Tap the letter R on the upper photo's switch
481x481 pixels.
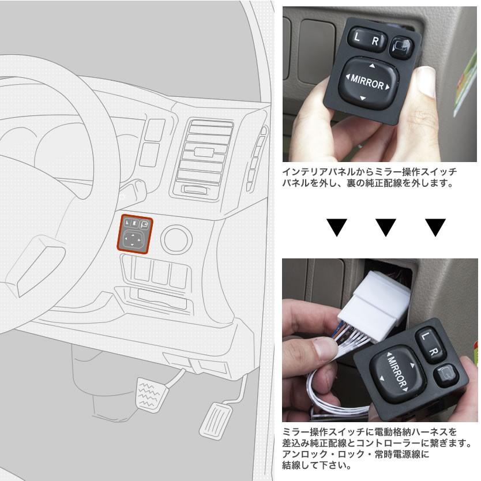(375, 41)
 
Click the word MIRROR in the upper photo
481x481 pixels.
(367, 84)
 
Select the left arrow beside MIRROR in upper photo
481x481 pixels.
(347, 77)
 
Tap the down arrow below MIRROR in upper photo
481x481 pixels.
(363, 99)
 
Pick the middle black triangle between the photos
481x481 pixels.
(386, 227)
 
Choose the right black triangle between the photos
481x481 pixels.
(435, 227)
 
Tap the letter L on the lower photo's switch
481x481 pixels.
(426, 336)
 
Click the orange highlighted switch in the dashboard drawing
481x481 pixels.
(134, 232)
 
